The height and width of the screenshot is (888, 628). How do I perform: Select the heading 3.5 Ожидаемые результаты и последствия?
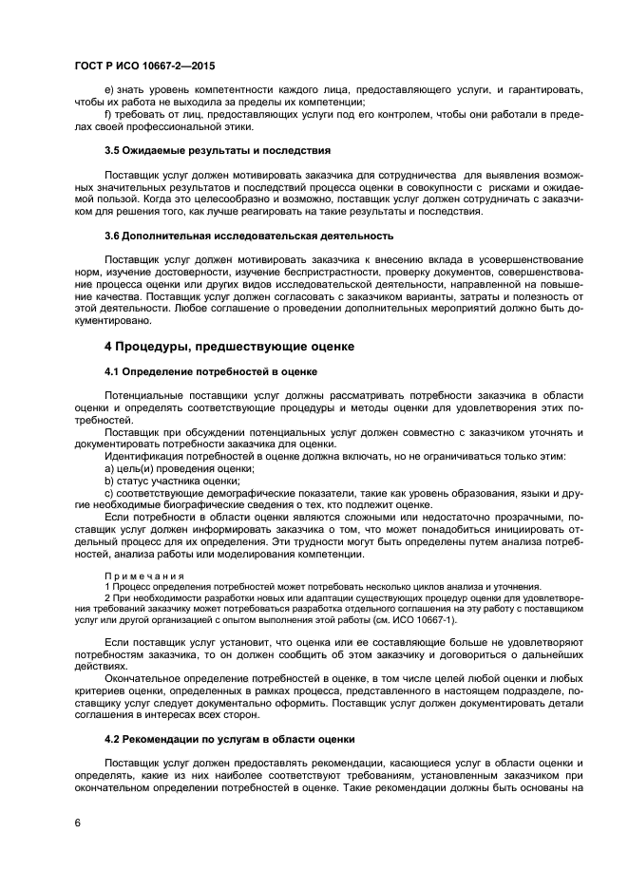click(217, 150)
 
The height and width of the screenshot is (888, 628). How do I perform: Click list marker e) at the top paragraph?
click(108, 89)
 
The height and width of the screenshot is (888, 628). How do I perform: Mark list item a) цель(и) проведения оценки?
click(179, 468)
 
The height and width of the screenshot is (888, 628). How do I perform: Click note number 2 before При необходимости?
click(107, 598)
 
